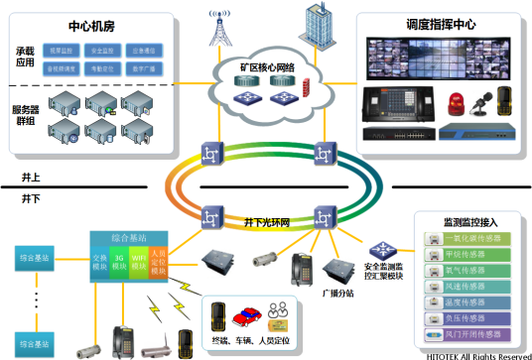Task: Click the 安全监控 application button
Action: [x=100, y=48]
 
